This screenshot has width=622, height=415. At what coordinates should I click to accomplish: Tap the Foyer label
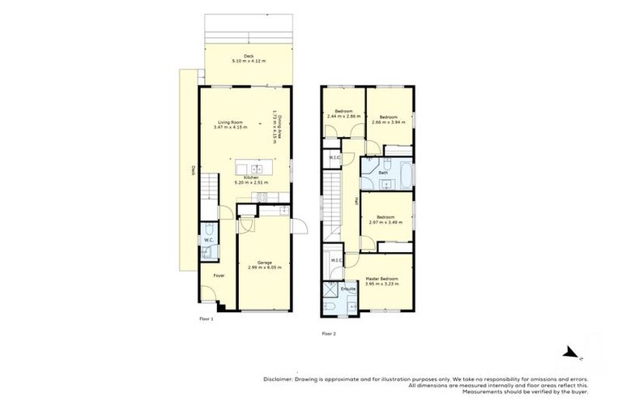pyautogui.click(x=219, y=276)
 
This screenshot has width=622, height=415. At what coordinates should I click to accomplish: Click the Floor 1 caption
pyautogui.click(x=206, y=319)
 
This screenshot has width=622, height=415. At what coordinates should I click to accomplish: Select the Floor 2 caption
pyautogui.click(x=328, y=333)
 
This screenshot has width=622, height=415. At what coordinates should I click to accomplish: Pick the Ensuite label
pyautogui.click(x=348, y=289)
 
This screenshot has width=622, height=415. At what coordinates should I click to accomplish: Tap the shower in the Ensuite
pyautogui.click(x=330, y=290)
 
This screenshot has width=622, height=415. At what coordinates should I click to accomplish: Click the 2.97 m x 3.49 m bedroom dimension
pyautogui.click(x=386, y=222)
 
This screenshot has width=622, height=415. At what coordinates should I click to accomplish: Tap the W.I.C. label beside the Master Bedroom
pyautogui.click(x=335, y=259)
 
